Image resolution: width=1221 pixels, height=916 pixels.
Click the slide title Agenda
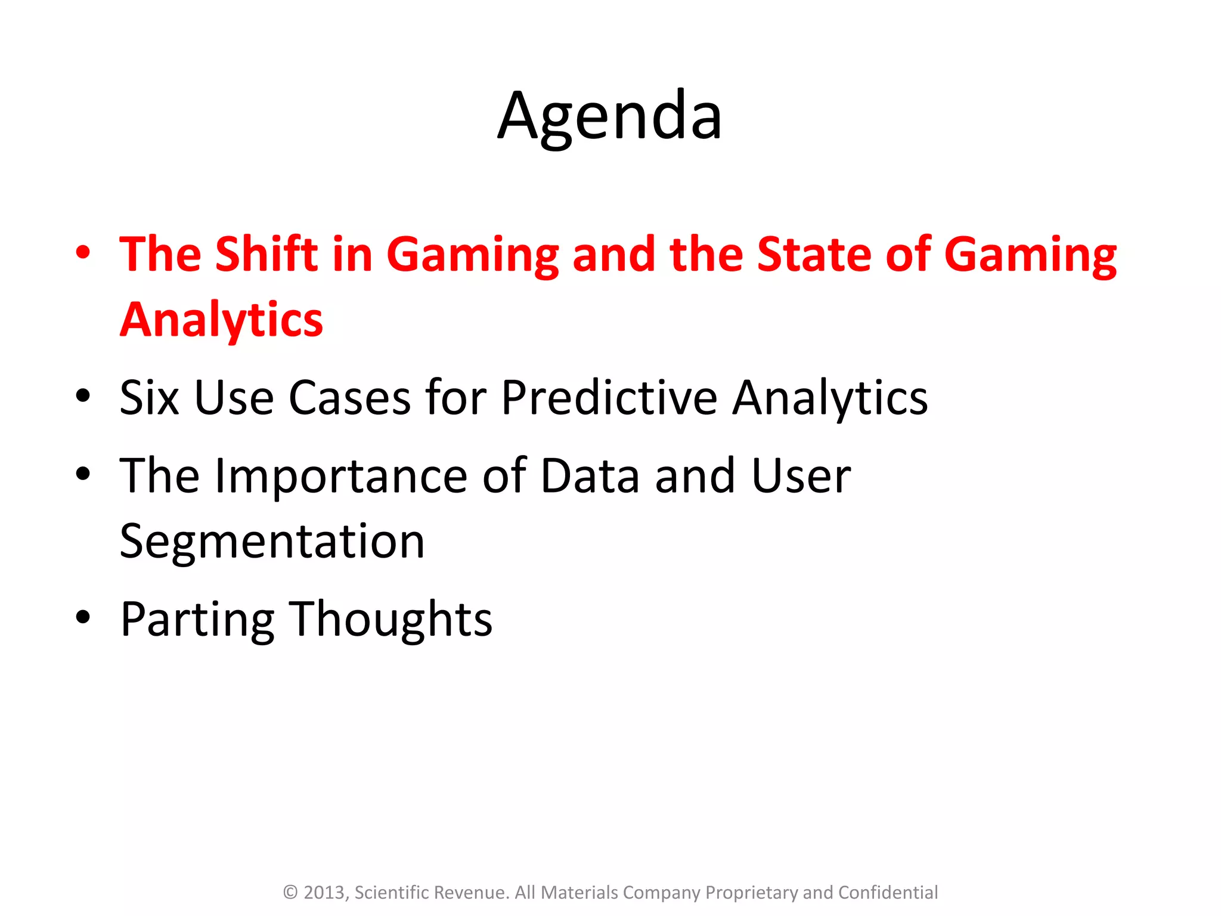point(610,116)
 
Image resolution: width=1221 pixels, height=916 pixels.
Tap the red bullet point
point(83,252)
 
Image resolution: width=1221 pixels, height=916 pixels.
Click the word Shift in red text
point(266,255)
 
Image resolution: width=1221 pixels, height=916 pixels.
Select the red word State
point(814,255)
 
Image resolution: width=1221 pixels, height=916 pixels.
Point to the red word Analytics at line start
point(221,320)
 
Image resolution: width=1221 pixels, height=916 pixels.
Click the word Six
point(149,398)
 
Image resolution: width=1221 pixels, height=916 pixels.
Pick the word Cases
point(350,398)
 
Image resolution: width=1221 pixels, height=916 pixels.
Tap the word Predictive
point(609,398)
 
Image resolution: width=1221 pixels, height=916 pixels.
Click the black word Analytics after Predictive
point(830,398)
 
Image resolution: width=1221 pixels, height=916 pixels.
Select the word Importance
point(340,475)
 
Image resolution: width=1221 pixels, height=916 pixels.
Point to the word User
point(801,475)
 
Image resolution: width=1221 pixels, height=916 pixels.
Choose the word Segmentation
point(272,541)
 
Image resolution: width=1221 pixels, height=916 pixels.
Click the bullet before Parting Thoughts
point(83,617)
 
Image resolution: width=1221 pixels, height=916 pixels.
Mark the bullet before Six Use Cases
point(83,395)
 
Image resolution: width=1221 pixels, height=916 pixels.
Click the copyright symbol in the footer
point(290,892)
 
